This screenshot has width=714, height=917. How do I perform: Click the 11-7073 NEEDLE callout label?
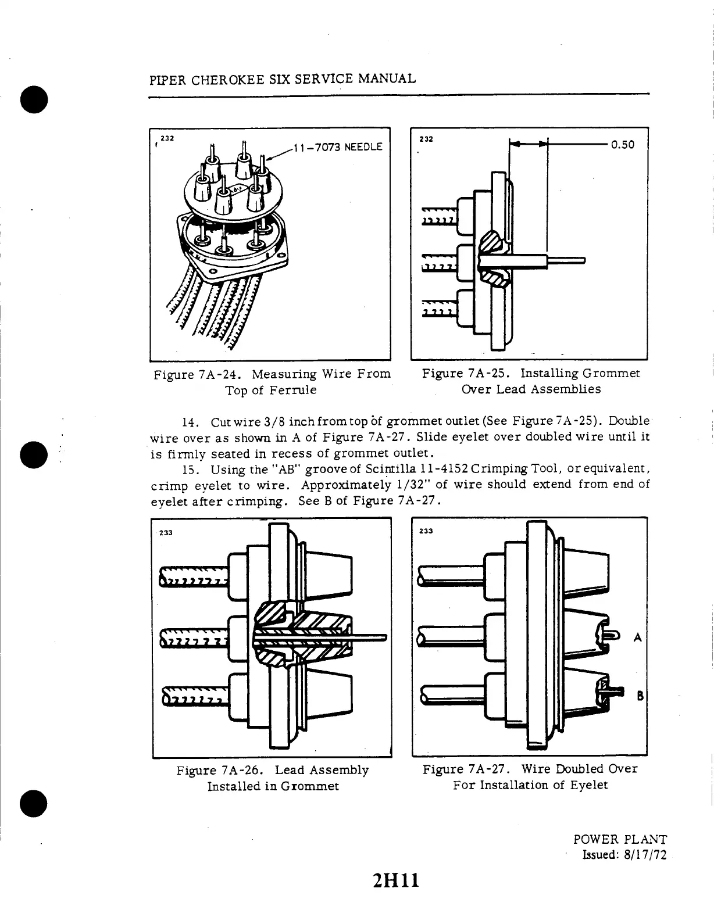[x=338, y=147]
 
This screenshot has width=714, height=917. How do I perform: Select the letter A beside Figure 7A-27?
[x=638, y=637]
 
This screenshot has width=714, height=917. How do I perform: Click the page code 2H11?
[x=397, y=881]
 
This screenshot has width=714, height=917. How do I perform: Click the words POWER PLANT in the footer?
[x=620, y=839]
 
